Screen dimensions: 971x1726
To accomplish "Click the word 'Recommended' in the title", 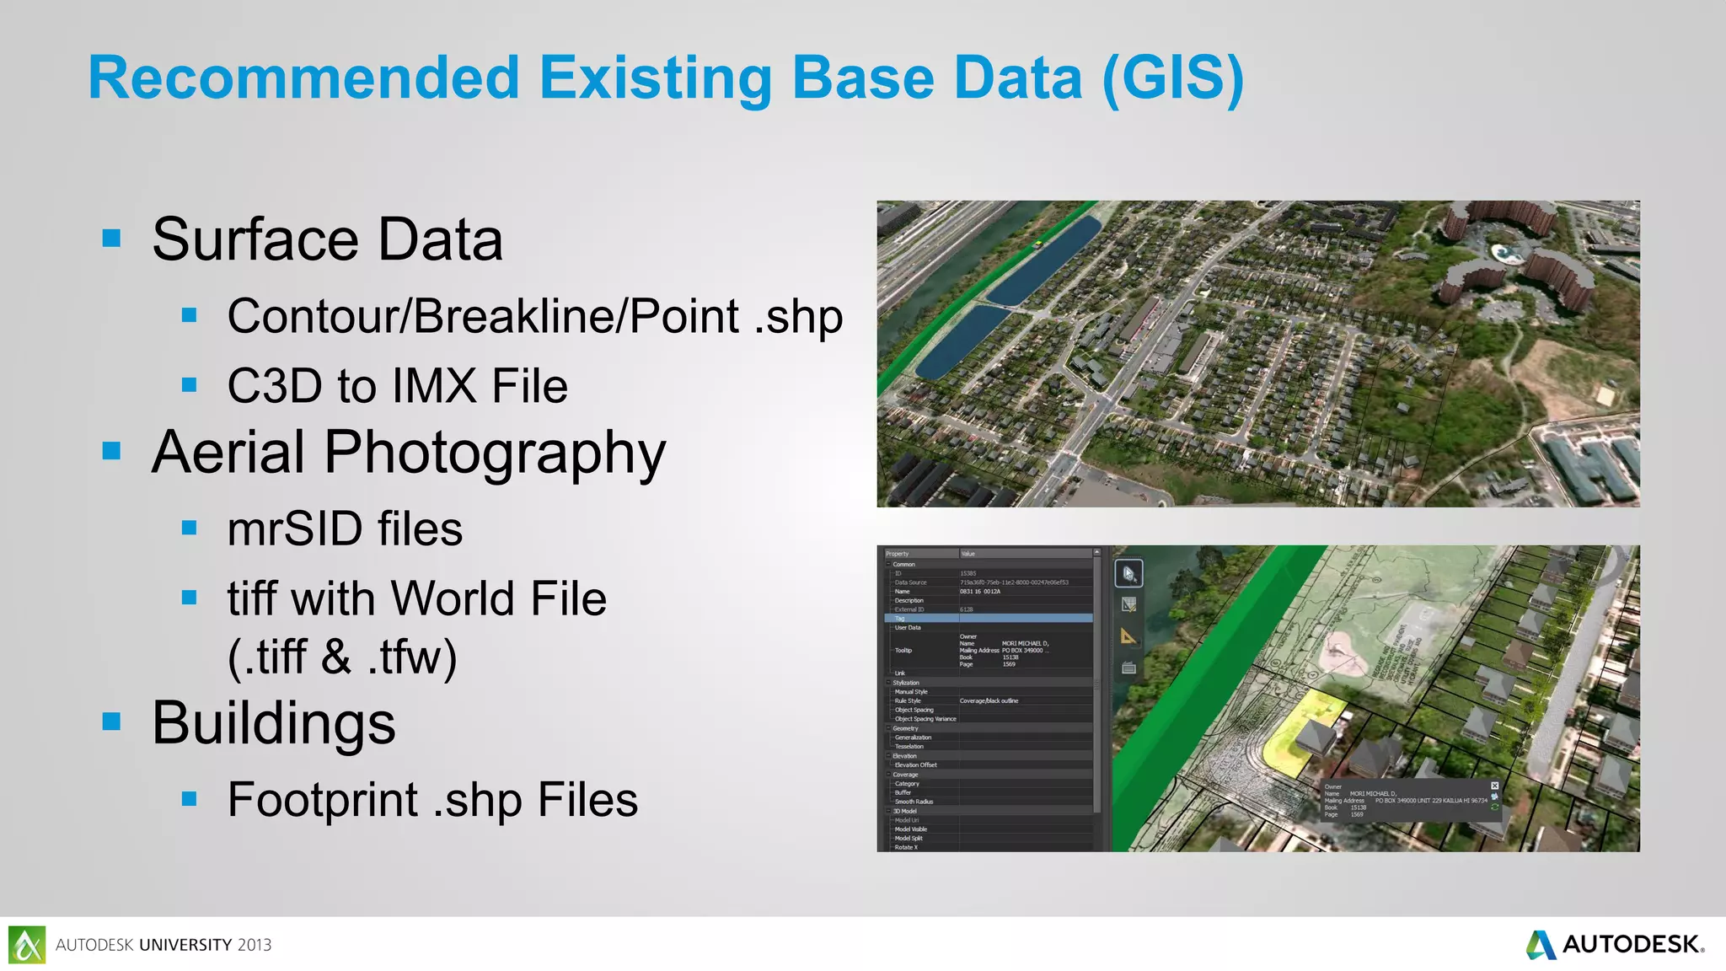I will (303, 78).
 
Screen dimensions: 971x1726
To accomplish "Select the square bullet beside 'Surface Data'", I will (111, 239).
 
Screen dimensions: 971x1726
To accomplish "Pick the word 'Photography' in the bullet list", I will (495, 453).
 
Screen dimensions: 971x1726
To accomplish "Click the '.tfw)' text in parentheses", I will (412, 657).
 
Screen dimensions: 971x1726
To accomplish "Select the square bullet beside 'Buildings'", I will (111, 722).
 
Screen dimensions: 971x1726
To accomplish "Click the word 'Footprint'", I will (323, 799).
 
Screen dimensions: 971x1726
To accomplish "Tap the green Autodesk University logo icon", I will (27, 944).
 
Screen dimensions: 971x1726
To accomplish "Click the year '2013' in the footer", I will (255, 945).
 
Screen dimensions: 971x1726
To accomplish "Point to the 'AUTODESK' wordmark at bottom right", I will (1631, 944).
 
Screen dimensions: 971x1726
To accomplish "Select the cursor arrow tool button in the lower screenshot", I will (1129, 574).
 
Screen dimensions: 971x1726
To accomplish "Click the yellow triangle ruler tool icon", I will (1128, 636).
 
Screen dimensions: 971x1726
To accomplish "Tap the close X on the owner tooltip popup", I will (1495, 786).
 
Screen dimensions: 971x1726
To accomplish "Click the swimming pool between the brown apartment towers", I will (1502, 251).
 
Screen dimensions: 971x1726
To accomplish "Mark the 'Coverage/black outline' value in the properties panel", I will (989, 700).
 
